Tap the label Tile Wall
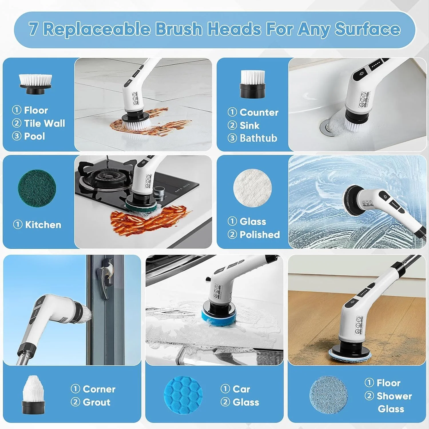click(44, 123)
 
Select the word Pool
click(34, 136)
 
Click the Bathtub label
click(258, 138)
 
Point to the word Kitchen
click(43, 225)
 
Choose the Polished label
click(259, 235)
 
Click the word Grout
click(96, 402)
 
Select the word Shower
click(394, 396)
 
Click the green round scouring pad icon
click(37, 188)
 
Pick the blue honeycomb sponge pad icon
click(184, 395)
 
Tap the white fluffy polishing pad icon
click(253, 188)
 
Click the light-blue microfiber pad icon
click(329, 395)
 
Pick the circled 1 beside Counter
click(232, 112)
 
